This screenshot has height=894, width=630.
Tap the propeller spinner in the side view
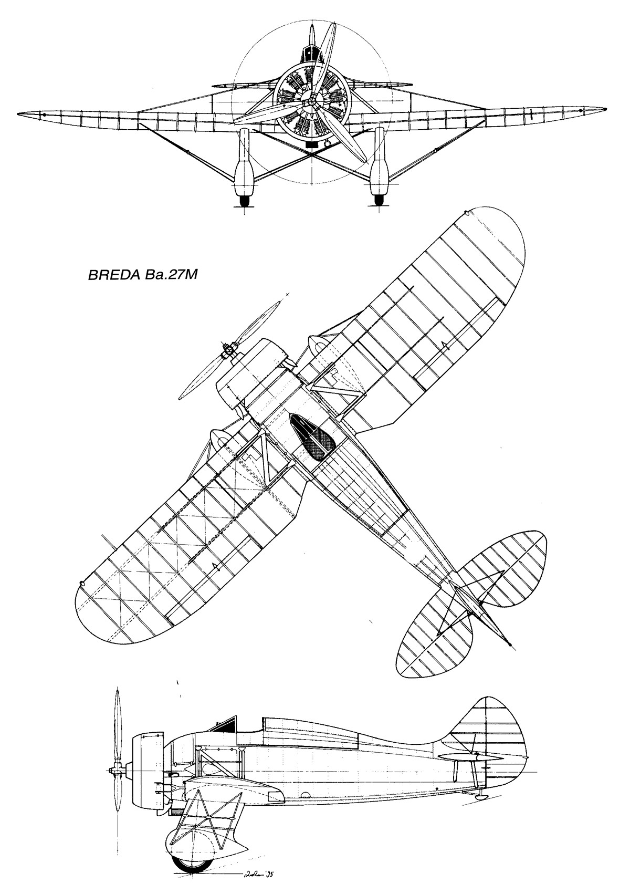point(112,771)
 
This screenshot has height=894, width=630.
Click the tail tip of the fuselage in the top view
point(509,643)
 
